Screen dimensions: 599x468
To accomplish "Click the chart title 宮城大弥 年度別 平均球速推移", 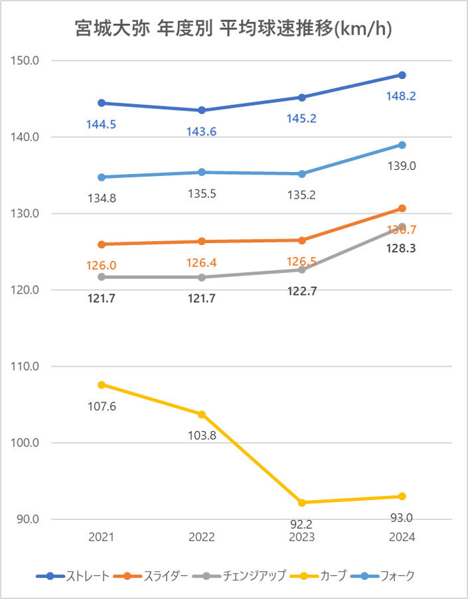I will point(234,30).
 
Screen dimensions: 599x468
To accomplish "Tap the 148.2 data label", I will point(401,96).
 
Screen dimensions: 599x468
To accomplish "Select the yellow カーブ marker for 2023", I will point(303,503).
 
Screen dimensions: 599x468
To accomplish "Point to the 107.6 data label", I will point(102,406).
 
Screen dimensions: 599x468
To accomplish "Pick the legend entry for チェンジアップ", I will point(240,576).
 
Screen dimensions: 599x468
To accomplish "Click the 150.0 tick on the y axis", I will point(26,60).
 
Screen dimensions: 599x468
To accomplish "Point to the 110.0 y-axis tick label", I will point(26,367).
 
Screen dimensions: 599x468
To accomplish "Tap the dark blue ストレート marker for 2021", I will point(102,103).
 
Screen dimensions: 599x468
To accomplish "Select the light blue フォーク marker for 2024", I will point(402,145).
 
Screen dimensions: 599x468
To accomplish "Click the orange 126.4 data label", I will point(202,262).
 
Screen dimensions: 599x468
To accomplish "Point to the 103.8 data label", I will point(202,436).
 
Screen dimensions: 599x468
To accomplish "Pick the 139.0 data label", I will point(401,166).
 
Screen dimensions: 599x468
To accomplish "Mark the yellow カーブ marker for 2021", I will point(102,385).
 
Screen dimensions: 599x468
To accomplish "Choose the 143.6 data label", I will point(202,131).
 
